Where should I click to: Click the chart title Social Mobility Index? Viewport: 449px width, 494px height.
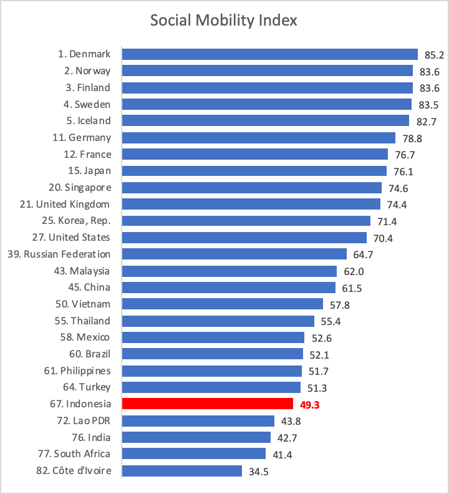(x=224, y=21)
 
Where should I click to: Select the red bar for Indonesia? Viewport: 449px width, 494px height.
(x=207, y=404)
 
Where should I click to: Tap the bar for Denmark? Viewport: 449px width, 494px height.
(x=269, y=54)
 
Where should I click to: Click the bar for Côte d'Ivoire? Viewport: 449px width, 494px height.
(x=181, y=470)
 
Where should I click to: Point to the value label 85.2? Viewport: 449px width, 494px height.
(x=433, y=55)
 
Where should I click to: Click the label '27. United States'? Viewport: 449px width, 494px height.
(x=70, y=237)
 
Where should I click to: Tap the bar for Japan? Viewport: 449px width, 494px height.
(x=254, y=171)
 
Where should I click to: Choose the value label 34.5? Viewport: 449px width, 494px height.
(x=259, y=471)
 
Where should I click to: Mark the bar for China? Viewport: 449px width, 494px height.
(x=228, y=288)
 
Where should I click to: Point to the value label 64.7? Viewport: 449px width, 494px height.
(x=364, y=254)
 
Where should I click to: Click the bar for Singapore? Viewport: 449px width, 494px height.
(x=251, y=187)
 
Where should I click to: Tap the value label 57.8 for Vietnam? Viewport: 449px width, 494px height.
(x=340, y=304)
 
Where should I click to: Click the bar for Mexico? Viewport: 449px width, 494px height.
(x=213, y=337)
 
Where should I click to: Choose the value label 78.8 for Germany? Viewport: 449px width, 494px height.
(x=412, y=138)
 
